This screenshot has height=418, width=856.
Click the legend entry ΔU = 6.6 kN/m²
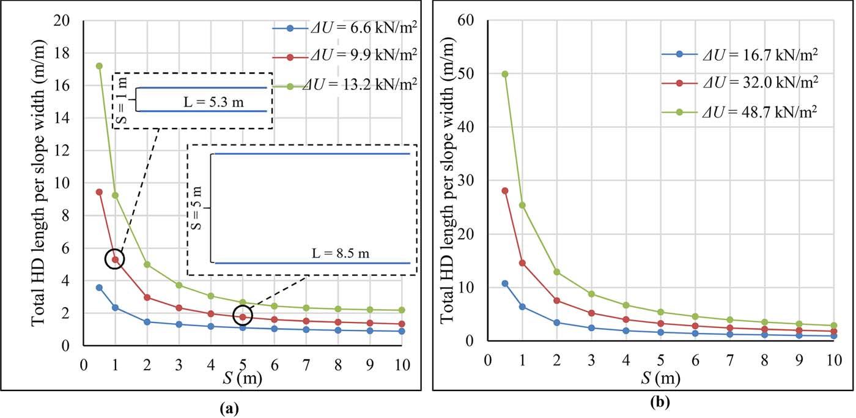[x=344, y=28]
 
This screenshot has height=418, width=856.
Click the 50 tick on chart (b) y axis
[x=465, y=73]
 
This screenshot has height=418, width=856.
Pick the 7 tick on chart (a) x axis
[x=306, y=365]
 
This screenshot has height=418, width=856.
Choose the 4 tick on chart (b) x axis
[x=626, y=360]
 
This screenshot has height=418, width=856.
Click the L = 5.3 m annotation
[x=213, y=102]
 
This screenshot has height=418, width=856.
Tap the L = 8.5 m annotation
[x=341, y=253]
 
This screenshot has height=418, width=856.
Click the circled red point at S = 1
[x=115, y=259]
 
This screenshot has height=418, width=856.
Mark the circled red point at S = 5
[x=243, y=316]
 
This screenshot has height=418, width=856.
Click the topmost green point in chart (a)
[x=99, y=65]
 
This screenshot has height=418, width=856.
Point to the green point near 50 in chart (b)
[x=505, y=74]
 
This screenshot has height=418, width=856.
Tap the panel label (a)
[x=230, y=409]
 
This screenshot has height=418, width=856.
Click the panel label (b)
[x=660, y=402]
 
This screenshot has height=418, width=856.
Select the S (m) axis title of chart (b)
[x=661, y=378]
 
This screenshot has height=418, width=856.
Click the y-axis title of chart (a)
[x=38, y=183]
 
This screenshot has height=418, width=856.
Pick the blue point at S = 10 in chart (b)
[x=834, y=336]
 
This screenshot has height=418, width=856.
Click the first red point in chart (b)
[x=505, y=190]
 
